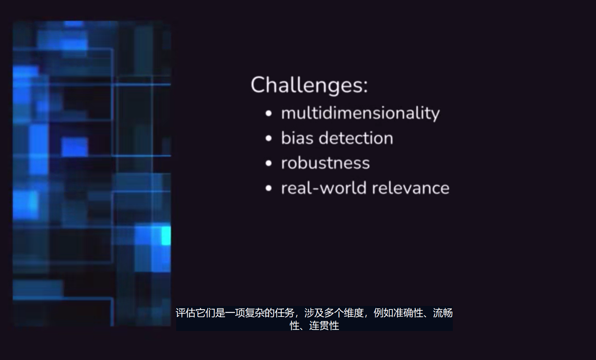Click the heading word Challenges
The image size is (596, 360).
(x=306, y=85)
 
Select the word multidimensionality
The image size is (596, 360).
(x=361, y=114)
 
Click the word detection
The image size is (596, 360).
(x=356, y=138)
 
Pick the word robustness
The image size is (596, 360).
(x=326, y=163)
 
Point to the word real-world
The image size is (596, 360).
(x=324, y=188)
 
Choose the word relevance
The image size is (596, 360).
(x=410, y=188)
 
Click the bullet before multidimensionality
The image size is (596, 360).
(x=269, y=114)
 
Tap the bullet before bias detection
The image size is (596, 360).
(x=269, y=138)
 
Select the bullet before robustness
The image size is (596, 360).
(x=269, y=163)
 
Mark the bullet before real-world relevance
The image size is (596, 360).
(x=269, y=188)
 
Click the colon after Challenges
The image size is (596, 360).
(x=365, y=86)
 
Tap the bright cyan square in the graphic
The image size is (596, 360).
(x=166, y=236)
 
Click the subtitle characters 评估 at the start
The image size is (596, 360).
(x=186, y=313)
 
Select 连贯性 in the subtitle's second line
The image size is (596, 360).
(x=324, y=326)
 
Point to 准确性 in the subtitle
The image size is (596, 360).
(x=408, y=313)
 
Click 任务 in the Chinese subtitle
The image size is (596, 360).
(x=285, y=313)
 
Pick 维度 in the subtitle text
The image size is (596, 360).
(x=353, y=313)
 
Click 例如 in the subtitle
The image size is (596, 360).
(x=384, y=313)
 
